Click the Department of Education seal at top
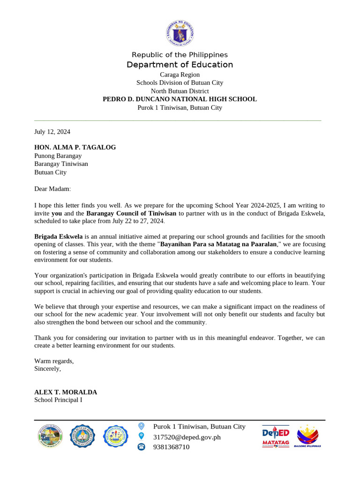[180, 33]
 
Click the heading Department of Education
[180, 65]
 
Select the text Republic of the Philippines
[180, 55]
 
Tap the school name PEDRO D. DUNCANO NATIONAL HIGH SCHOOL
[180, 99]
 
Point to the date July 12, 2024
[52, 132]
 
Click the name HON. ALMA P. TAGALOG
[75, 147]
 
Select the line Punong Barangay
[58, 156]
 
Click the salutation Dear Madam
[52, 188]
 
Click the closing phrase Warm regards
[54, 361]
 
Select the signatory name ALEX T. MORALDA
[66, 392]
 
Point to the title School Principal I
[58, 400]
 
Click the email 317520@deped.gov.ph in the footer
[187, 437]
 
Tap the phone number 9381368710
[171, 447]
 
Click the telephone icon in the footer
[141, 447]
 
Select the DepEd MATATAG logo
[276, 437]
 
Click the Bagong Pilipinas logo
[307, 436]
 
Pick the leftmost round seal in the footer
[50, 436]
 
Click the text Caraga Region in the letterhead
[180, 75]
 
